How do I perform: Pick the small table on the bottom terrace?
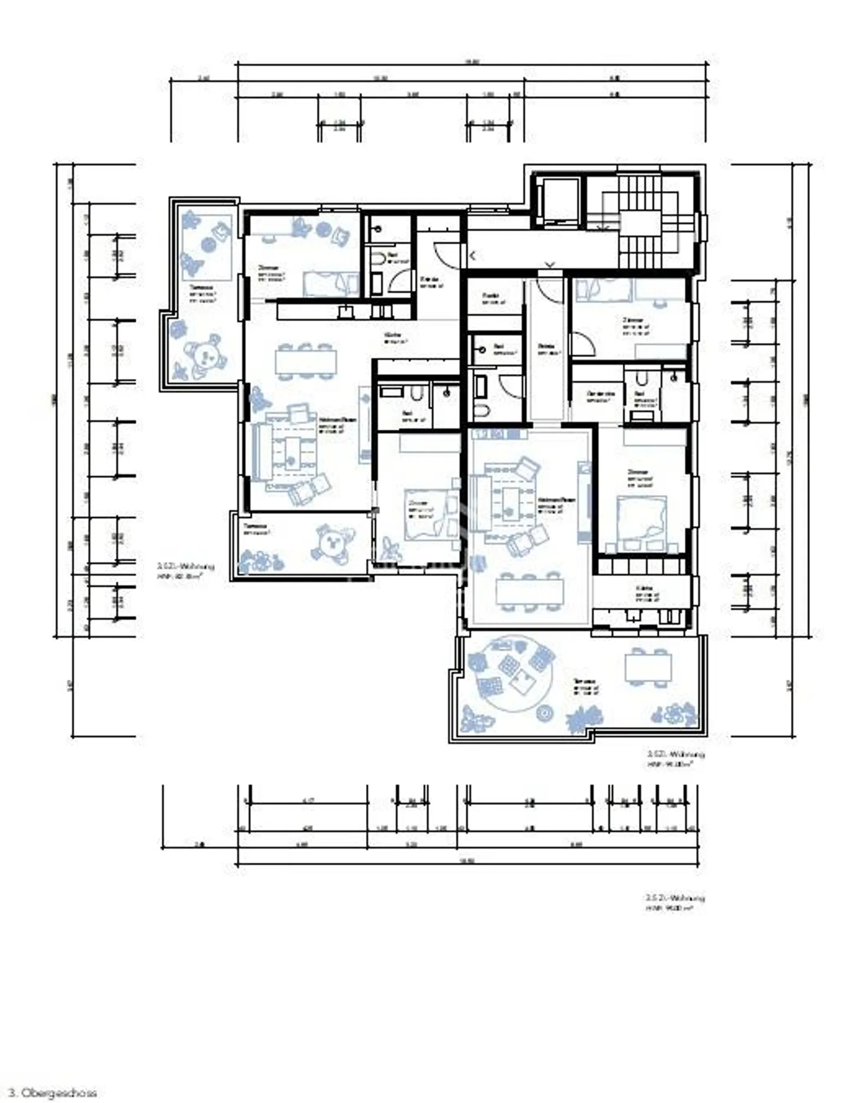click(648, 667)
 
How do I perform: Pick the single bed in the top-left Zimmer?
click(331, 284)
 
